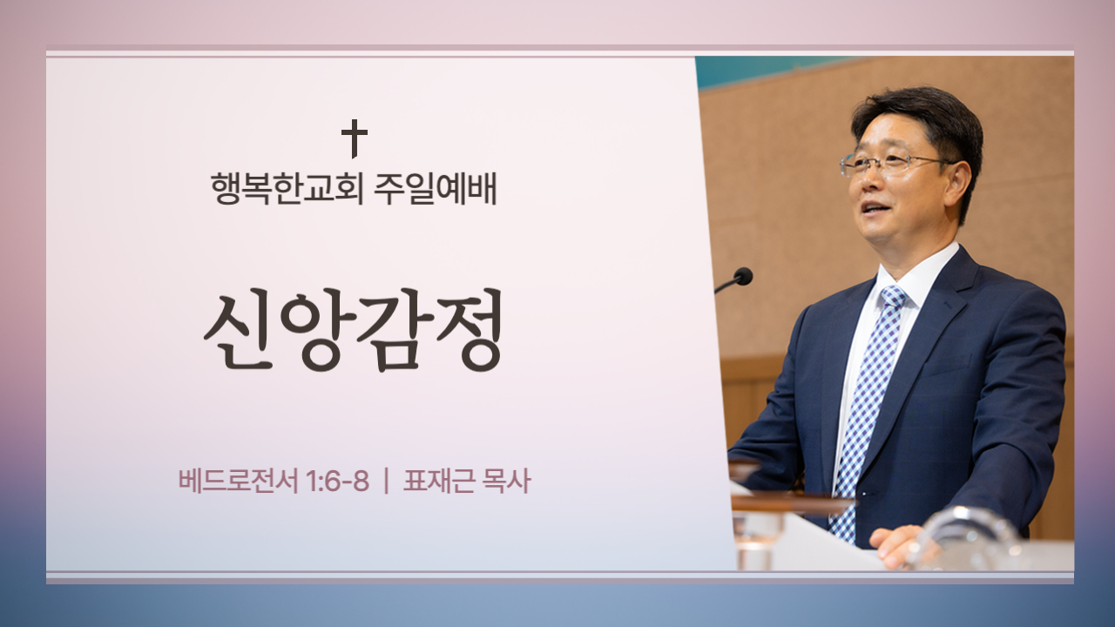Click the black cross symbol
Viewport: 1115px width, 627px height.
[x=355, y=138]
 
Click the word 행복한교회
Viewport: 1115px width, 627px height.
[x=287, y=189]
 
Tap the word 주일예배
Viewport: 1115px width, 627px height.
[x=435, y=189]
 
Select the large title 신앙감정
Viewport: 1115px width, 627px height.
[x=353, y=330]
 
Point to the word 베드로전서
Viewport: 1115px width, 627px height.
[x=238, y=482]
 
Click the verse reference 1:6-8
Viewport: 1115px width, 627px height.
[x=337, y=482]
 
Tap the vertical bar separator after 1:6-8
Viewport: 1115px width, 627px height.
[x=387, y=482]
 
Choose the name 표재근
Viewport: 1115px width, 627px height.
[x=438, y=482]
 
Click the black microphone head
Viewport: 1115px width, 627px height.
[x=743, y=276]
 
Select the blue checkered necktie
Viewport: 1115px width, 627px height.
[x=865, y=413]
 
